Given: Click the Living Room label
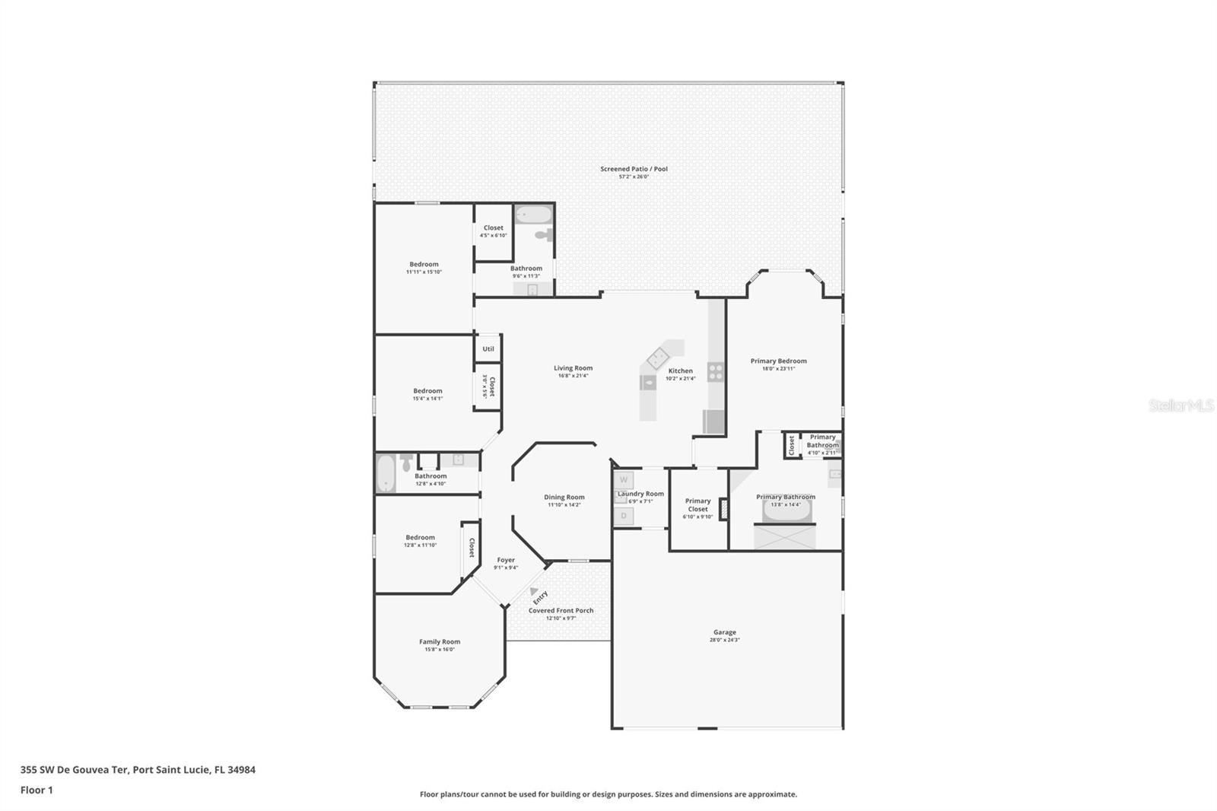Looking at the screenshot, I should click(x=573, y=368).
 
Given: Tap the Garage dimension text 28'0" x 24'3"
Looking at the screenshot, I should click(x=724, y=641).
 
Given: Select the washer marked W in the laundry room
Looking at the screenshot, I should click(x=624, y=480).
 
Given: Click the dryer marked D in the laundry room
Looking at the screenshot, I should click(x=624, y=516).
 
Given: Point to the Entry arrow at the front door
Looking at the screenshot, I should click(x=535, y=592).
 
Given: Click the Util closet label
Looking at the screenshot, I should click(x=488, y=349).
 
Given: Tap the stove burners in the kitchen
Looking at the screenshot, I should click(x=716, y=372).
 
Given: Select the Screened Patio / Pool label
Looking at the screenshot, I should click(x=634, y=169).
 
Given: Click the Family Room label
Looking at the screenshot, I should click(x=440, y=642).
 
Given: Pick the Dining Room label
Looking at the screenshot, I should click(x=564, y=498).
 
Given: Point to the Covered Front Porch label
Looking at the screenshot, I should click(x=561, y=610).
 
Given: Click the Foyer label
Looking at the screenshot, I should click(x=506, y=560).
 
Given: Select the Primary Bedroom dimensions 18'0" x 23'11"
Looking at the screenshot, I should click(x=778, y=369).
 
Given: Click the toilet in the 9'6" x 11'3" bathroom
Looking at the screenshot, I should click(x=543, y=234).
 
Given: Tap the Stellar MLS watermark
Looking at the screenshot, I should click(x=1180, y=406).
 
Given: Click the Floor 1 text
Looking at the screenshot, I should click(x=37, y=790).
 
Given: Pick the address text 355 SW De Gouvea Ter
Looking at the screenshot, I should click(x=73, y=770).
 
